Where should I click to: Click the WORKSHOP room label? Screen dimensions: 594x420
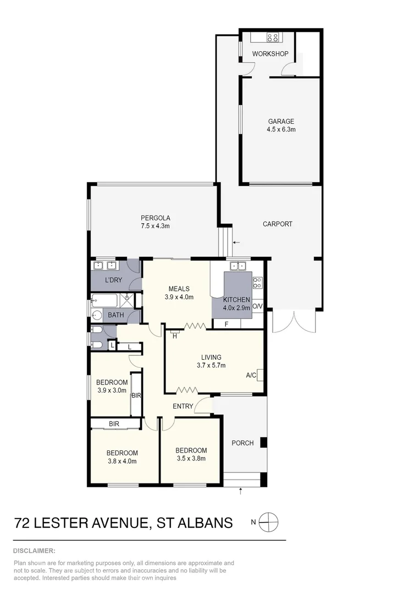[x=270, y=54]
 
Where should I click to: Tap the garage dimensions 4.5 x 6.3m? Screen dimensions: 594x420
[x=281, y=130]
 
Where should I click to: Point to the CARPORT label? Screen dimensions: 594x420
[x=277, y=224]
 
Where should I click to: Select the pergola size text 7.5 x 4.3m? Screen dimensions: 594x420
[x=154, y=226]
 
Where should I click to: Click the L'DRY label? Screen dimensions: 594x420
[x=113, y=280]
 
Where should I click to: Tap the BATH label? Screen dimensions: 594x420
[x=115, y=315]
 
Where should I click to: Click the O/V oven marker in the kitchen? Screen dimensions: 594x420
[x=258, y=306]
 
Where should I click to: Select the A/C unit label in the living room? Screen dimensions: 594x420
[x=251, y=375]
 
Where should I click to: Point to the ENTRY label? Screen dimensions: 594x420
[x=183, y=406]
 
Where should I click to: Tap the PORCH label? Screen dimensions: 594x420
[x=242, y=443]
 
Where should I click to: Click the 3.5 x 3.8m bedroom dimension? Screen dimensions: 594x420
[x=191, y=458]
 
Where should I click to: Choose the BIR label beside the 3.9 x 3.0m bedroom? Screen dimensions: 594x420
[x=136, y=395]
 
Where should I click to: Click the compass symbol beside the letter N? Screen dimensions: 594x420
[x=269, y=522]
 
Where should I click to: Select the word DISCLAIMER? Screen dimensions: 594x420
[x=34, y=551]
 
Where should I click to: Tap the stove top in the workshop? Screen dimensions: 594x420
[x=272, y=37]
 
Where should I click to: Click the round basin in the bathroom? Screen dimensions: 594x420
[x=97, y=316]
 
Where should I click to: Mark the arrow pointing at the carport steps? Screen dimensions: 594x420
[x=236, y=242]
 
